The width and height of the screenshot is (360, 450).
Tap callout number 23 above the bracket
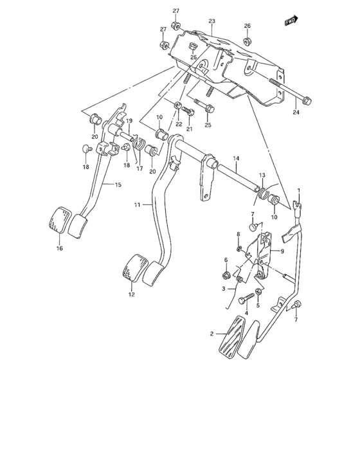click(x=211, y=21)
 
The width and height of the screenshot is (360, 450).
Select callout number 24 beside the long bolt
click(x=296, y=113)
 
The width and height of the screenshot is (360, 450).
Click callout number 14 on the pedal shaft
click(x=236, y=158)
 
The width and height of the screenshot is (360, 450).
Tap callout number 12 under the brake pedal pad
click(x=131, y=295)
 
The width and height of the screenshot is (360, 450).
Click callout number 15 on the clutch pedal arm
click(x=118, y=185)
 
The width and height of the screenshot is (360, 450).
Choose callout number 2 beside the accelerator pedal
click(x=211, y=334)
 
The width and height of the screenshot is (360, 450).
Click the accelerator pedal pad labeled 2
click(x=233, y=337)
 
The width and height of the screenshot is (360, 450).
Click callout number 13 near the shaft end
click(x=262, y=175)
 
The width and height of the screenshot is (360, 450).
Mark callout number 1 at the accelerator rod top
click(x=298, y=191)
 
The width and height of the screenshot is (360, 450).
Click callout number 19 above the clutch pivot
click(x=129, y=121)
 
